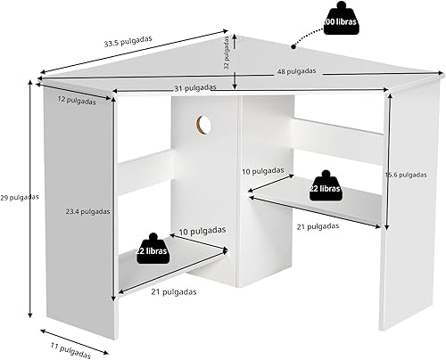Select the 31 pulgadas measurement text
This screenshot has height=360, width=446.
(194, 87)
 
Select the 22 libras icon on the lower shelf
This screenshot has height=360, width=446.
(151, 246)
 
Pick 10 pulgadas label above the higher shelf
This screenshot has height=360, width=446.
(264, 169)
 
